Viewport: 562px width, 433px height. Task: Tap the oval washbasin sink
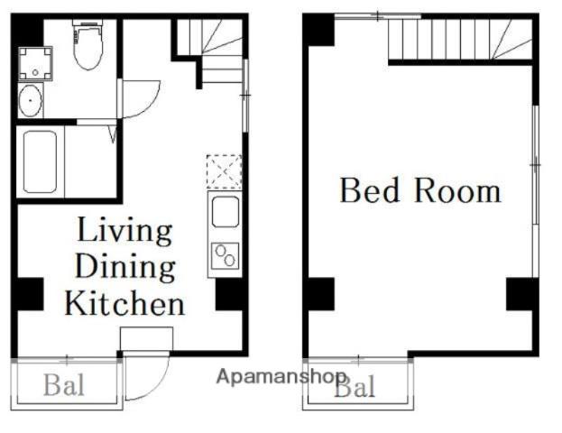pos(30,101)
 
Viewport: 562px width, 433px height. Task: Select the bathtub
pos(40,162)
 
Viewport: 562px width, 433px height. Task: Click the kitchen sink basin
pos(226,212)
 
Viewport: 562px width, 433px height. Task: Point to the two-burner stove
pos(226,255)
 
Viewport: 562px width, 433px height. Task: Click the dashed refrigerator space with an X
pos(224,171)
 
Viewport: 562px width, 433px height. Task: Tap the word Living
pos(124,232)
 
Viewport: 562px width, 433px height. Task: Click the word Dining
pos(125,267)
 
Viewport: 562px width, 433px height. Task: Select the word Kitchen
pos(124,304)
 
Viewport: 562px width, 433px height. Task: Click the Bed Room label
pos(420,190)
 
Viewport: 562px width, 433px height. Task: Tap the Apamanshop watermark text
pos(281,377)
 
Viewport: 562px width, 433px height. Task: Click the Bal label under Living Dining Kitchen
pos(64,385)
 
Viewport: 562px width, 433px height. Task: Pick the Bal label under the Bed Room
pos(355,386)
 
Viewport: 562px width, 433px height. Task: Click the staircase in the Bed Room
pos(461,39)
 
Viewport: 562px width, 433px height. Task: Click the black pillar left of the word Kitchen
pos(30,294)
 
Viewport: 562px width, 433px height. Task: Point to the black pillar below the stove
pos(229,294)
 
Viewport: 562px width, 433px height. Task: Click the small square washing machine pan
pos(35,63)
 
